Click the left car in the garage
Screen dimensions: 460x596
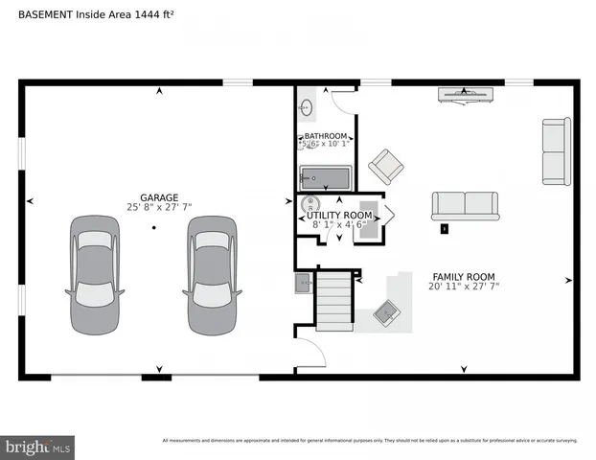[x=95, y=275]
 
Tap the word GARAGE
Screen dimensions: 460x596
[x=159, y=197]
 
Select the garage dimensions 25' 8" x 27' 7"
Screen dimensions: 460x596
[x=159, y=207]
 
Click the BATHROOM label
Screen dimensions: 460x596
[x=326, y=137]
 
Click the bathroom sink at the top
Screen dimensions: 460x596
[x=307, y=106]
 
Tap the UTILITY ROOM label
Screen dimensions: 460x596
[x=339, y=216]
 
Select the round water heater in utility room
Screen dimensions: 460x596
[x=309, y=205]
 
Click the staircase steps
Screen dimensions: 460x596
[x=334, y=300]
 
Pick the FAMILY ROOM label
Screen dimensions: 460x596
[x=464, y=276]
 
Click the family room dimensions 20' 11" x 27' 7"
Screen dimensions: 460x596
[x=464, y=286]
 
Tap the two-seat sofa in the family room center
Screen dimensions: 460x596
[x=465, y=205]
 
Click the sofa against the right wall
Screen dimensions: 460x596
[x=556, y=151]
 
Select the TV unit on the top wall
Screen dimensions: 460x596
[x=466, y=94]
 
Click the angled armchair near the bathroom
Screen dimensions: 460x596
[x=386, y=167]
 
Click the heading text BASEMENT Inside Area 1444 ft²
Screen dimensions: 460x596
[x=97, y=15]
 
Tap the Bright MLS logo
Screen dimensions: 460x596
[x=37, y=447]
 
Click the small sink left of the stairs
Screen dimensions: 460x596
[x=303, y=282]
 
